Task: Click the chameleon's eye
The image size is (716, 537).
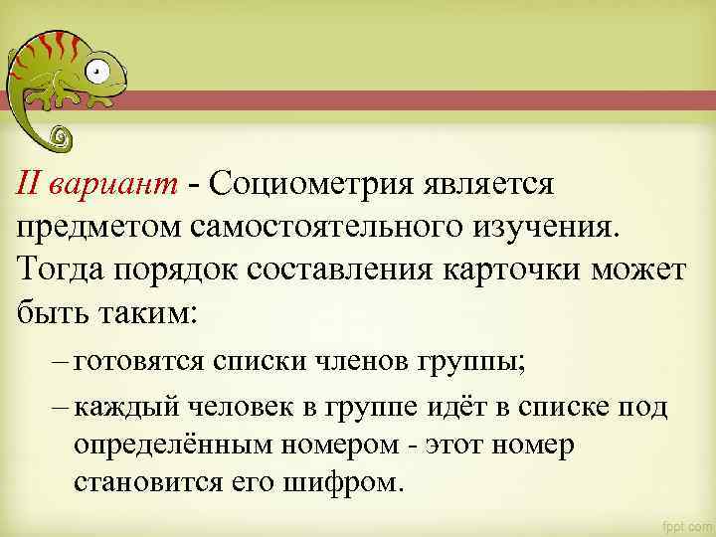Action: coord(95,72)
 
